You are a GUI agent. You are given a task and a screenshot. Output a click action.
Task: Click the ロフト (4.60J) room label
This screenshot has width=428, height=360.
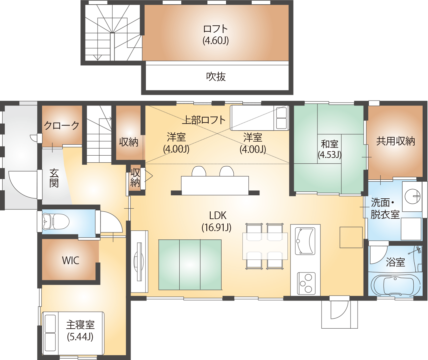pos(215,35)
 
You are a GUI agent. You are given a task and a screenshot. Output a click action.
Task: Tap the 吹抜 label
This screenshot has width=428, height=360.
pos(216,77)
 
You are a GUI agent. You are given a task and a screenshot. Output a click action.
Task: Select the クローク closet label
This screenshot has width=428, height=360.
pos(61,125)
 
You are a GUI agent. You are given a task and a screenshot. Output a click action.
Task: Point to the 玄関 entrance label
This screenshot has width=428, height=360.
pos(54,178)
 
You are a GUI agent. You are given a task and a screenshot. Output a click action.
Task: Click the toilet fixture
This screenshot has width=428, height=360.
pos(55,222)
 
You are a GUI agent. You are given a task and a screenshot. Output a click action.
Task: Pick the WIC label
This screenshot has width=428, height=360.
pos(70,260)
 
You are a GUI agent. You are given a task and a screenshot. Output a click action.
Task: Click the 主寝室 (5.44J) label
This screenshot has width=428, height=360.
pos(80,331)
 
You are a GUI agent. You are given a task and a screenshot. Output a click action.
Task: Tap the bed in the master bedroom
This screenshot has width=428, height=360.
pos(73,333)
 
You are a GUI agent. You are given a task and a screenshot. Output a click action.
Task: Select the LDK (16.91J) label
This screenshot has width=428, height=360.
pos(217,221)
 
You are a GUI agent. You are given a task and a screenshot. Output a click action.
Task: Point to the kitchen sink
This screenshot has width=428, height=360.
pos(305,241)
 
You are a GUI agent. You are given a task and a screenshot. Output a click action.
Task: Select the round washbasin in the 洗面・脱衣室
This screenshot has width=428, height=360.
pos(412,196)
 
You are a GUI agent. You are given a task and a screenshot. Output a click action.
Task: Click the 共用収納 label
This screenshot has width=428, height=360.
pos(395,141)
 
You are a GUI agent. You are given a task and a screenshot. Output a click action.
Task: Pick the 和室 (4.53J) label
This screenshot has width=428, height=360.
pos(330,149)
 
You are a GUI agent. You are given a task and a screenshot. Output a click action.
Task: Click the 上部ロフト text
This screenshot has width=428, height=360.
pos(204,120)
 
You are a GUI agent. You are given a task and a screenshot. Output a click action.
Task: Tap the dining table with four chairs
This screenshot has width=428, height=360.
pos(265,246)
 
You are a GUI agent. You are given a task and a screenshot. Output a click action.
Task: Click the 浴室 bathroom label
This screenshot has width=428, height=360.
pos(395,262)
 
